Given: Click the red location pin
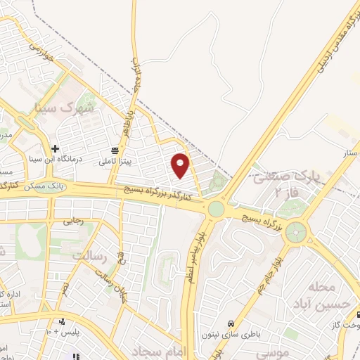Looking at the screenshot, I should pyautogui.click(x=181, y=165).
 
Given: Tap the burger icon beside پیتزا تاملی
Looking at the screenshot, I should pyautogui.click(x=114, y=150).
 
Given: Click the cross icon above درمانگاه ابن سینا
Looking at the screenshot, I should pyautogui.click(x=54, y=148).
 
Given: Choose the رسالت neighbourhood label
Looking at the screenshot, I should pyautogui.click(x=103, y=257).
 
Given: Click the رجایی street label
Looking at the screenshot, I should pyautogui.click(x=74, y=220).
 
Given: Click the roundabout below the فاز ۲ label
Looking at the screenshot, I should pyautogui.click(x=298, y=231).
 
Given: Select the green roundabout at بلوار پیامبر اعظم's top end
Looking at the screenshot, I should pyautogui.click(x=216, y=209).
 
